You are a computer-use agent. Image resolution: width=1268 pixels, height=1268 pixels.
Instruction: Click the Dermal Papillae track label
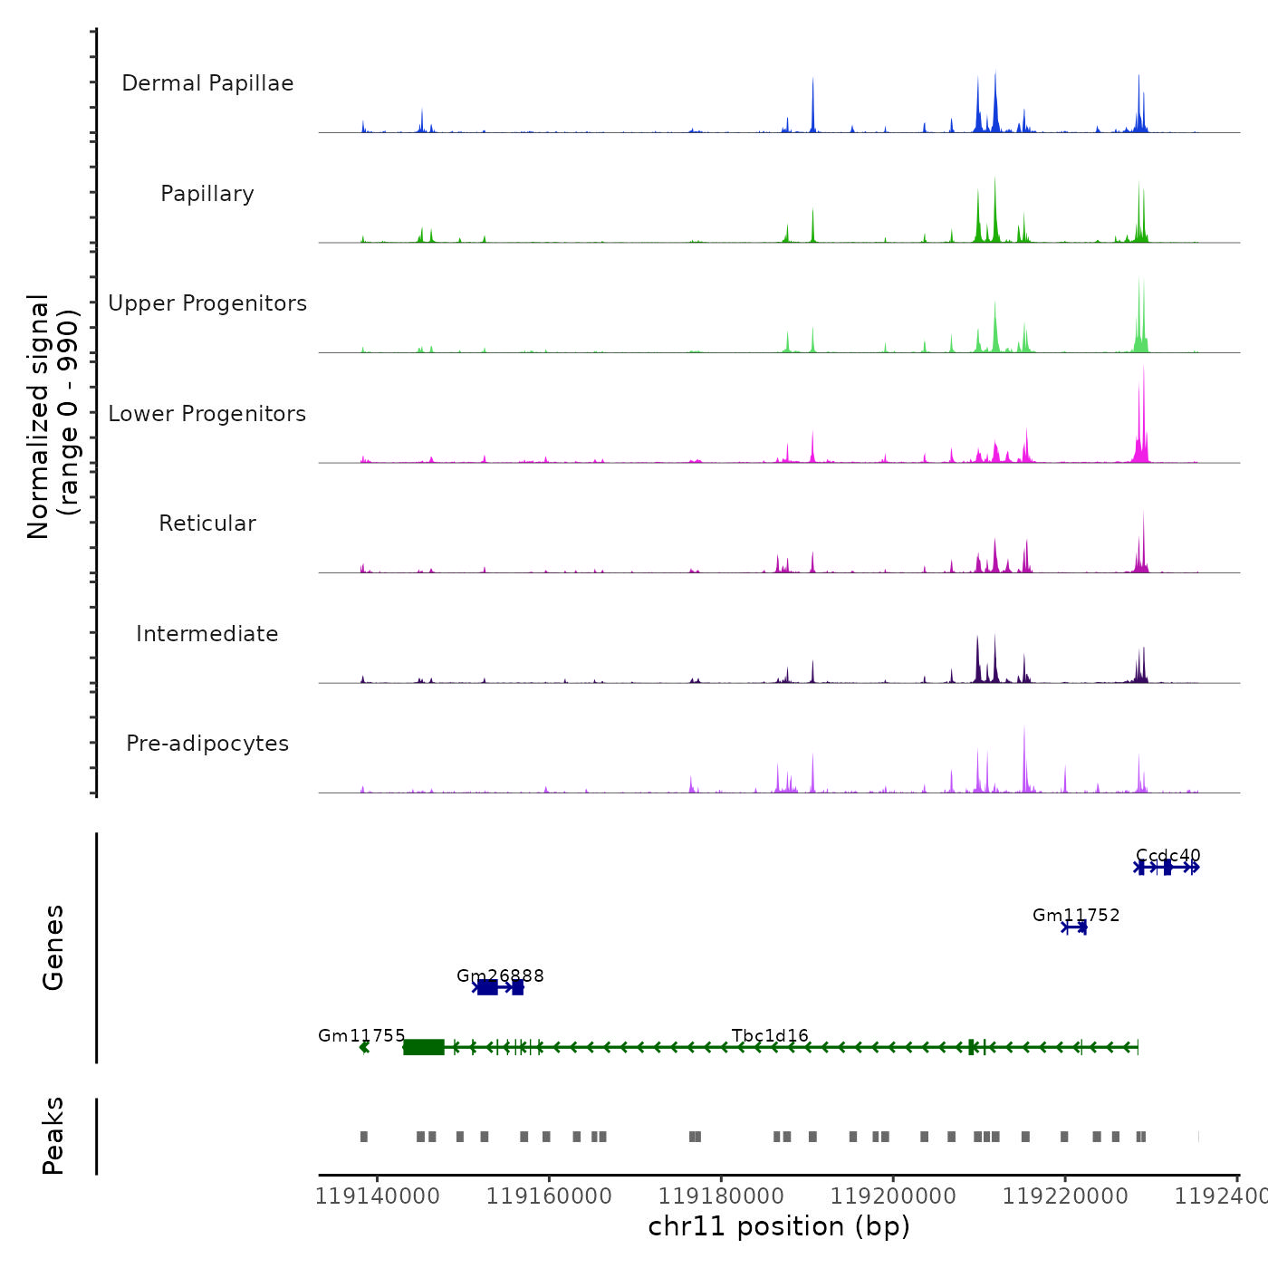pos(207,83)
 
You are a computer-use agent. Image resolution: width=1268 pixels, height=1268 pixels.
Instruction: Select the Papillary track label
pos(207,194)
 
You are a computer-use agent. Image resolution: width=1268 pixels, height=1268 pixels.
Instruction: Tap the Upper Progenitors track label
pos(207,303)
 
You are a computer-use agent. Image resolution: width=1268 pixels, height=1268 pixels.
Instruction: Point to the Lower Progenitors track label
pos(207,414)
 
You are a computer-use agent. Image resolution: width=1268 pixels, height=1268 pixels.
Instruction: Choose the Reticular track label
pos(207,524)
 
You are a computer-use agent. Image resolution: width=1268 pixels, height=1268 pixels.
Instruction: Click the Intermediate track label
pos(207,634)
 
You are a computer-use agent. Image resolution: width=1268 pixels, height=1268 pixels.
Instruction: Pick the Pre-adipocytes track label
pos(207,744)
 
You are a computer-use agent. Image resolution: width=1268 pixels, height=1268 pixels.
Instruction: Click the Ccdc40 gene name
pos(1167,855)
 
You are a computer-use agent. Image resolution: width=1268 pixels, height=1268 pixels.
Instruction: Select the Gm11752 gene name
pos(1076,916)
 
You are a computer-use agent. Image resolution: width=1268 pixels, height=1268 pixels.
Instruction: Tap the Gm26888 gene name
pos(500,975)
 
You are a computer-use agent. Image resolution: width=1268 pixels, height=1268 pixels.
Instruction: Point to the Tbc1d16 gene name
pos(770,1035)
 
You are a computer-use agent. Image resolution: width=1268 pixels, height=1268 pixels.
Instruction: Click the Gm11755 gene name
pos(361,1035)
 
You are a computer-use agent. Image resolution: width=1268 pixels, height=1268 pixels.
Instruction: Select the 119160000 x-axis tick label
pos(549,1196)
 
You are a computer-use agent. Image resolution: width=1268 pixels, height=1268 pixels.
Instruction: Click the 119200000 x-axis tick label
pos(893,1196)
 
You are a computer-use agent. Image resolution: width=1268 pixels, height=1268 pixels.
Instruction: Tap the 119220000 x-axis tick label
pos(1065,1196)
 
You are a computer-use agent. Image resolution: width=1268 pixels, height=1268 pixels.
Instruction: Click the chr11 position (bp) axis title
pos(779,1226)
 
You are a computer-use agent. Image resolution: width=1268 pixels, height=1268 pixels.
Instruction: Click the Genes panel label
pos(53,947)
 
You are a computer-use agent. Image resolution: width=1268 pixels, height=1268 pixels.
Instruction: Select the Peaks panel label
pos(53,1136)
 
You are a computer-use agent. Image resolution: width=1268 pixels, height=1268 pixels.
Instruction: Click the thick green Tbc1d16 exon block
pos(424,1047)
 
